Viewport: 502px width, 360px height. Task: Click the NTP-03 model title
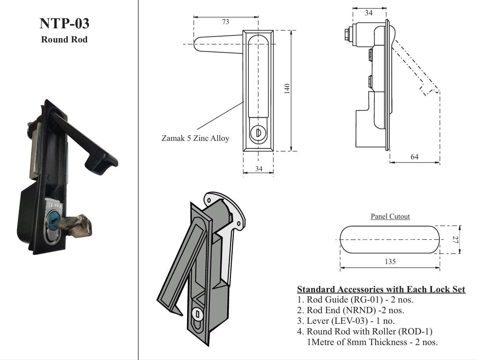[x=64, y=24]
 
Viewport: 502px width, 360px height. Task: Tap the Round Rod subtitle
[x=64, y=40]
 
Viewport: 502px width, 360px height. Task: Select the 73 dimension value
[x=226, y=22]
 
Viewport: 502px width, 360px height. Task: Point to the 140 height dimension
[x=287, y=88]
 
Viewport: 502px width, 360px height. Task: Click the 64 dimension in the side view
[x=415, y=157]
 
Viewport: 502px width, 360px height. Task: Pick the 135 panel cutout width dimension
[x=390, y=262]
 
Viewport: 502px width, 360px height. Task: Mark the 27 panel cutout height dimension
[x=454, y=240]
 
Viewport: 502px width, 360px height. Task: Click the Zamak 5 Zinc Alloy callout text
[x=195, y=138]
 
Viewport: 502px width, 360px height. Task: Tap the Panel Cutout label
[x=390, y=216]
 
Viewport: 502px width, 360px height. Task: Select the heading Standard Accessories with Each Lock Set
[x=381, y=290]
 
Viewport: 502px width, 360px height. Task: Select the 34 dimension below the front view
[x=259, y=169]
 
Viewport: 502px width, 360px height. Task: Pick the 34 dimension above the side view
[x=369, y=13]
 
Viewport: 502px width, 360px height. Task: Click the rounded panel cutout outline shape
[x=389, y=240]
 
